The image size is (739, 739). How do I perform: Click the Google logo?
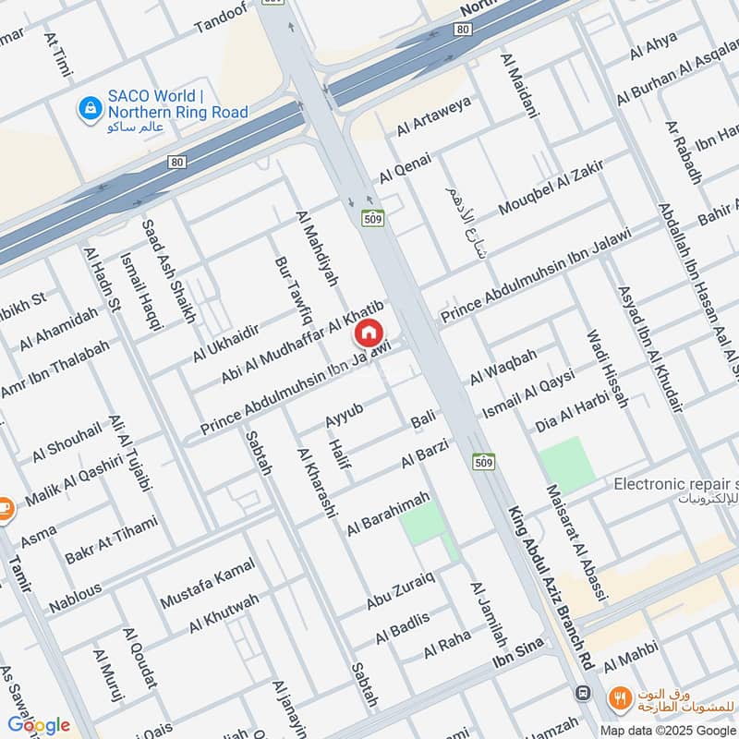pyautogui.click(x=39, y=725)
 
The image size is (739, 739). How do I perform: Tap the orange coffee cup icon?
pyautogui.click(x=5, y=509)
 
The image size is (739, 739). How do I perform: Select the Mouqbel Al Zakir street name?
pyautogui.click(x=551, y=188)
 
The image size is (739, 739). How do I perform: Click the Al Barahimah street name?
pyautogui.click(x=388, y=515)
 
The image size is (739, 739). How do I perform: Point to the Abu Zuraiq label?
pyautogui.click(x=400, y=591)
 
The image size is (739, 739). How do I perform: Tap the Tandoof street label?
pyautogui.click(x=223, y=21)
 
